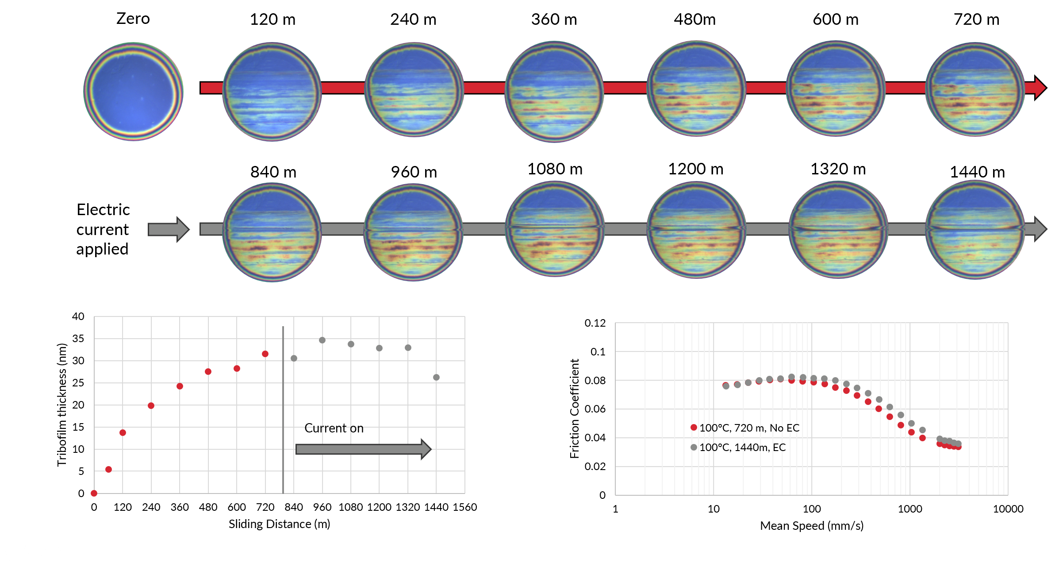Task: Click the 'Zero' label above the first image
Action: (133, 19)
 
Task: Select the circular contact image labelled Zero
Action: (133, 91)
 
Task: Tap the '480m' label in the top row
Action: (694, 19)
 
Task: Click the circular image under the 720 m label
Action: (975, 89)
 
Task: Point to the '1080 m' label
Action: (555, 169)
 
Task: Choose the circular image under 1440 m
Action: (975, 230)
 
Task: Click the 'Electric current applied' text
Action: (103, 229)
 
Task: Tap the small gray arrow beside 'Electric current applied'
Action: (169, 229)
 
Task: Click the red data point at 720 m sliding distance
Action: (265, 354)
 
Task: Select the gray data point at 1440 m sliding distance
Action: (436, 377)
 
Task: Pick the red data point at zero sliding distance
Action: (94, 493)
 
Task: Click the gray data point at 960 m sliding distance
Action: (322, 340)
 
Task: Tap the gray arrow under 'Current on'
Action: (363, 449)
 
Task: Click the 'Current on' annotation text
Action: (334, 428)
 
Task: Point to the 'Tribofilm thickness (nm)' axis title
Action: (62, 405)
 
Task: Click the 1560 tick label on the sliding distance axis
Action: (465, 507)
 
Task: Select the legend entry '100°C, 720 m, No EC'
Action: (745, 428)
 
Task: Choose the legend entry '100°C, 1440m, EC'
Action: (738, 447)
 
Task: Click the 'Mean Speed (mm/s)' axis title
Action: (812, 526)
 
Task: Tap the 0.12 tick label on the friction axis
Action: (595, 323)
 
